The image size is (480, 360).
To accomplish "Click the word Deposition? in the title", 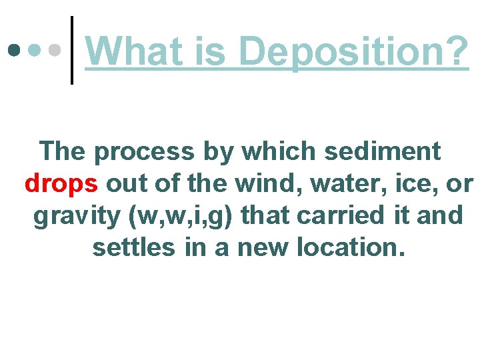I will coord(353,51).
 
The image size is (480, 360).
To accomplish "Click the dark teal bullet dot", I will coord(14,50).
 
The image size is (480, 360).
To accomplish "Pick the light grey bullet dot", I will coord(57,50).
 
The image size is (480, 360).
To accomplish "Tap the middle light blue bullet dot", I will coord(35,50).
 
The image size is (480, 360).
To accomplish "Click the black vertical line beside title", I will coord(72,50).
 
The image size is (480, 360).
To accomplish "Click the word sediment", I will coord(382,152).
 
